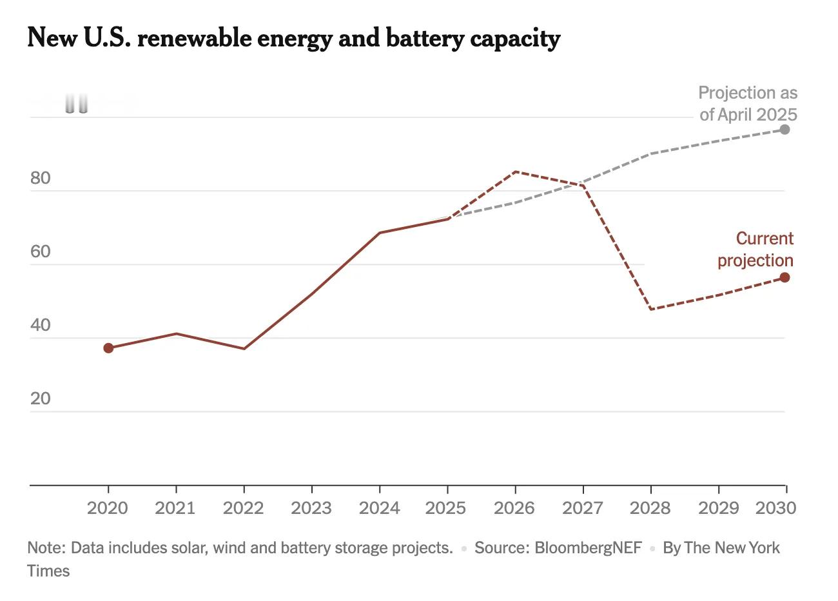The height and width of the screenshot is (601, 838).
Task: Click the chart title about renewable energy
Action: [x=293, y=39]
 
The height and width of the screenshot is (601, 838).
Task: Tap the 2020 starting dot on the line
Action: [x=108, y=348]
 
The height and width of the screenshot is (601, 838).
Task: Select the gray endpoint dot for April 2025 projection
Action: [x=784, y=130]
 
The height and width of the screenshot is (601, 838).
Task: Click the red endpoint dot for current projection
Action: [x=784, y=277]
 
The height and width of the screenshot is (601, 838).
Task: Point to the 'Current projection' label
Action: [x=755, y=250]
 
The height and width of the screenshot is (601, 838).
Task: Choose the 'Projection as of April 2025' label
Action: [x=748, y=104]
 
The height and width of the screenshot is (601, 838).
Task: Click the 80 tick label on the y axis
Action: [x=40, y=178]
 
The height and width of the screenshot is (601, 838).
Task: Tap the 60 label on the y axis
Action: [x=40, y=251]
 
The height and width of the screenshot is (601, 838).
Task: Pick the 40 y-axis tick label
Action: [x=40, y=325]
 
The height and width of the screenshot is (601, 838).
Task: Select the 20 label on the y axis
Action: [x=40, y=399]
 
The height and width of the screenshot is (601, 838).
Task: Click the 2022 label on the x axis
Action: [x=243, y=508]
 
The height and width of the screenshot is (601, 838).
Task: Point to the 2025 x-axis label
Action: [x=446, y=508]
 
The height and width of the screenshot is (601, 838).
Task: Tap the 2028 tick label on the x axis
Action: [x=650, y=508]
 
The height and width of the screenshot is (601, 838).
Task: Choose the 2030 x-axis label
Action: [x=775, y=508]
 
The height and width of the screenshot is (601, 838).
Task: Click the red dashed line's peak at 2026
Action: [x=515, y=172]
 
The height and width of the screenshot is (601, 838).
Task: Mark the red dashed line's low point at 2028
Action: [x=651, y=310]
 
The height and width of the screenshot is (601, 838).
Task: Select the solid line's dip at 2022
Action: [x=244, y=349]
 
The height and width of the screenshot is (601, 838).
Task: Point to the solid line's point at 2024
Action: [x=380, y=233]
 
